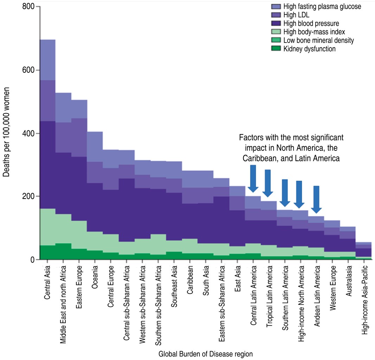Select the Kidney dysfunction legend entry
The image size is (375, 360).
309,49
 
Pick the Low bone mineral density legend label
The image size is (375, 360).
318,40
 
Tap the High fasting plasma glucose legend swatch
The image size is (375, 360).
276,7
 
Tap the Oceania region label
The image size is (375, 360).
95,279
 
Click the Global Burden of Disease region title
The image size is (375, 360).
205,354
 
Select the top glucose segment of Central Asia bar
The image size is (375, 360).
47,60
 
